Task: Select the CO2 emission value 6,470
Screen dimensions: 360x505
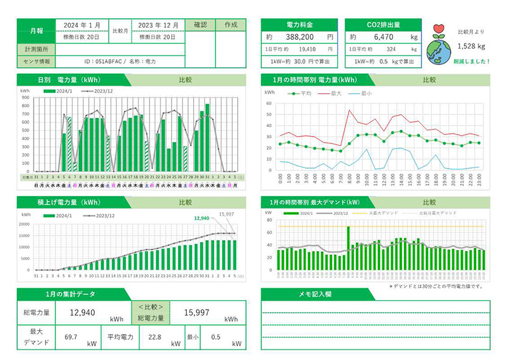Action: (383, 37)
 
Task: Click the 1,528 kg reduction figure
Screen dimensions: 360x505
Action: (472, 46)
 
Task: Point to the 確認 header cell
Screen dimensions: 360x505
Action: (200, 25)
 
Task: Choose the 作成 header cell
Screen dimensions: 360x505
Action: (230, 25)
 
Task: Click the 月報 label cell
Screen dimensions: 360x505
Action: (36, 30)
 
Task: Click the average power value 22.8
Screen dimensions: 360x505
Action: (153, 337)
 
